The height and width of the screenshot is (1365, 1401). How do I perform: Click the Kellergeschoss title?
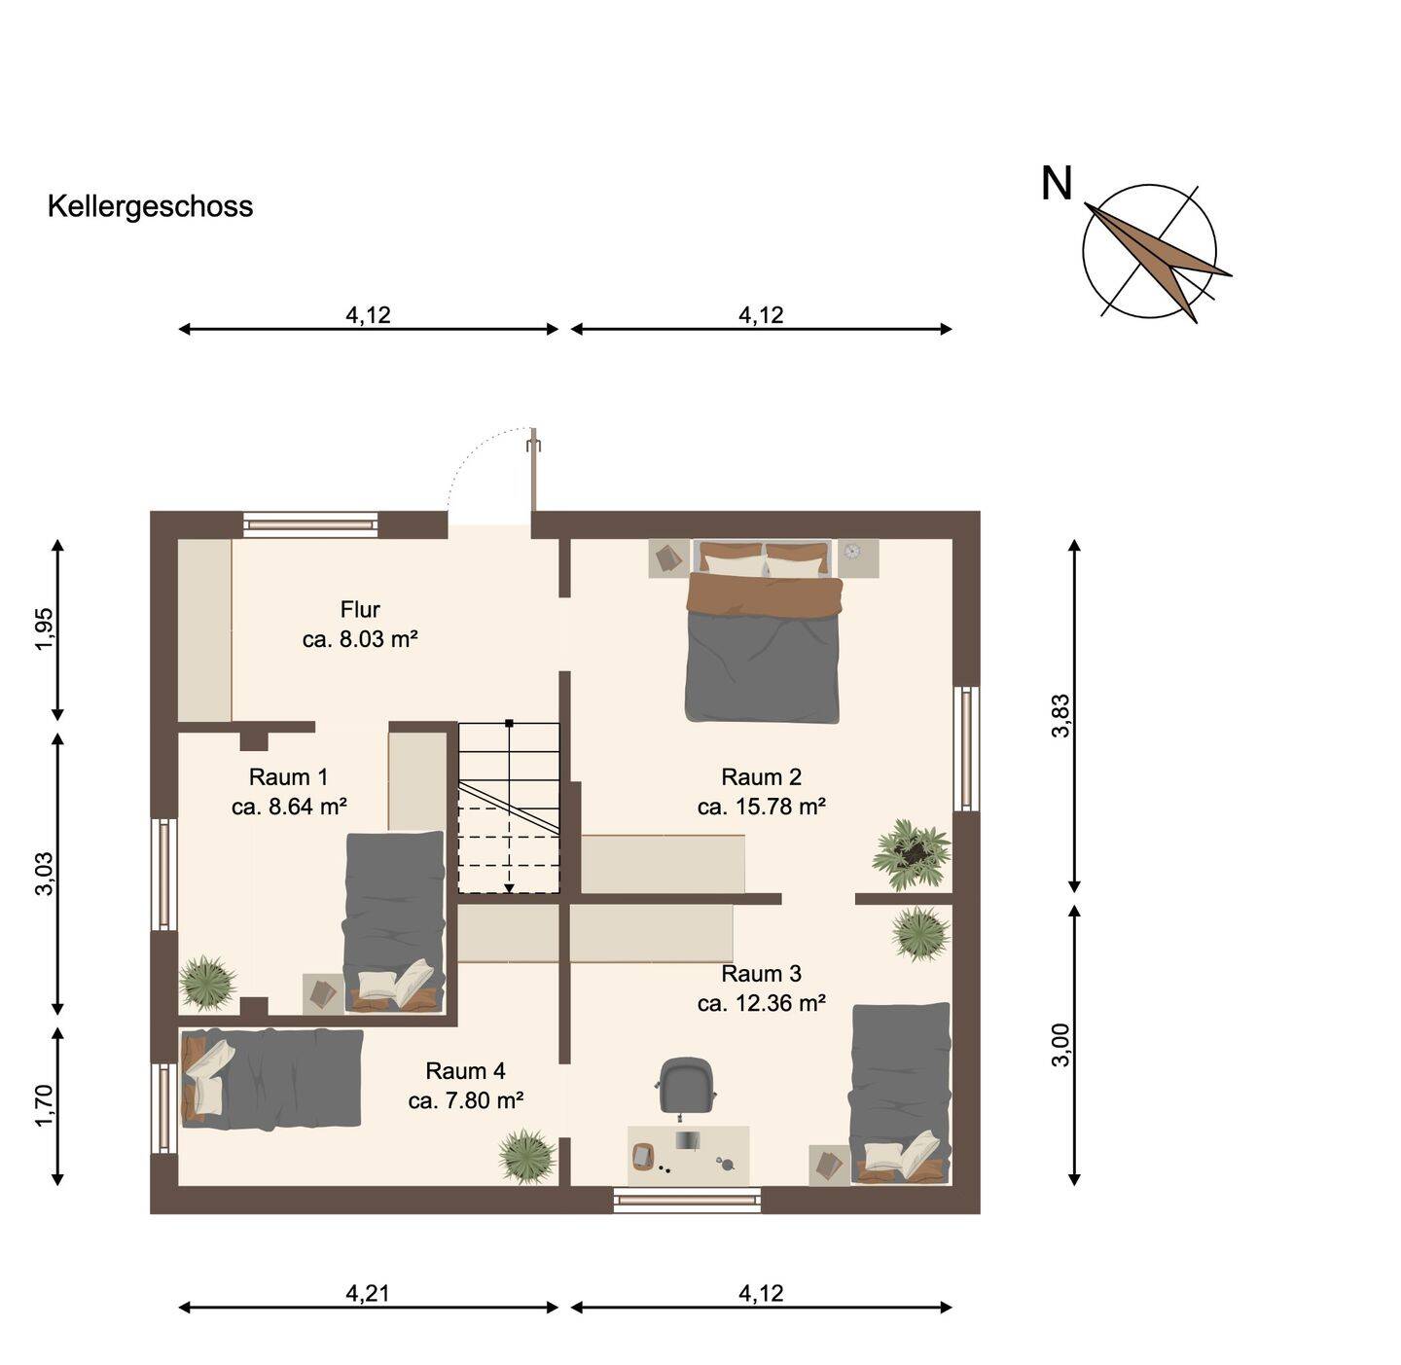(x=150, y=206)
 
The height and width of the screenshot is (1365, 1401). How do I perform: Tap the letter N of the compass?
(x=1056, y=184)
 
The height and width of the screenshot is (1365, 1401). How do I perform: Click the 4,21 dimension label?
(x=368, y=1293)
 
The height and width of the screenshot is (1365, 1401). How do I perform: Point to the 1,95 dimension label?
(x=44, y=629)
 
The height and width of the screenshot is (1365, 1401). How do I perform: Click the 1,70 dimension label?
(x=44, y=1106)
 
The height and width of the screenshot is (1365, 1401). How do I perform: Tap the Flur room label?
(x=360, y=610)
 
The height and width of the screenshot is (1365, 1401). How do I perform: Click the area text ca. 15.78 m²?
(x=762, y=807)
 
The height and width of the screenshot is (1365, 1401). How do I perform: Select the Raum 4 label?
(x=465, y=1071)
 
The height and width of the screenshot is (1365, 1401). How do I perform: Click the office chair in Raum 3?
(x=687, y=1085)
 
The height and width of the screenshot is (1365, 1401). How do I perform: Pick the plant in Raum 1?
(x=206, y=982)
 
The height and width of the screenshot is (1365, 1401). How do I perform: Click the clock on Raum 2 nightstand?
(x=853, y=552)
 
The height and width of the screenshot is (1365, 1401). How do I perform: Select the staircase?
(x=509, y=808)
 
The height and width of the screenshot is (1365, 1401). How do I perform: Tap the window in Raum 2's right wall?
(x=965, y=749)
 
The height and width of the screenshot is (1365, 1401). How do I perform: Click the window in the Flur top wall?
(x=310, y=524)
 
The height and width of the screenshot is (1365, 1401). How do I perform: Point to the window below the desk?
(x=687, y=1201)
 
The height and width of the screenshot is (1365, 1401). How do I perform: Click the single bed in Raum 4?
(x=271, y=1078)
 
